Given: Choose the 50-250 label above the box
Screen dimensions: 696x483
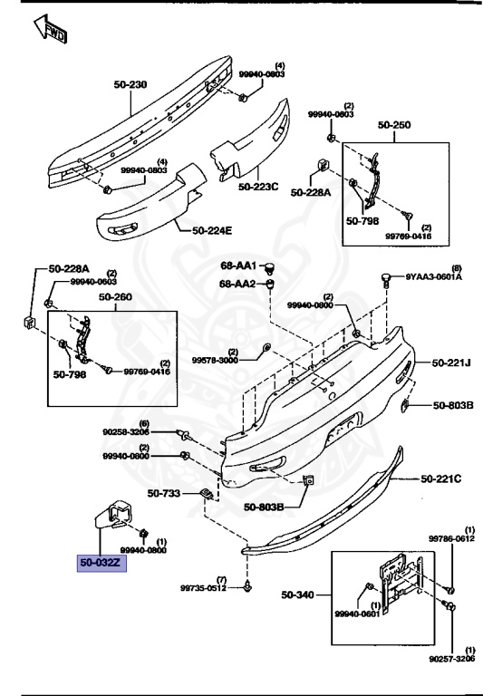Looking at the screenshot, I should click(x=395, y=126).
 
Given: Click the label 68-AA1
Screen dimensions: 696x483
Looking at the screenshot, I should click(x=238, y=266).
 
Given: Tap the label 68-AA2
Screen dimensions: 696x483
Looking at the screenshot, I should click(x=238, y=284).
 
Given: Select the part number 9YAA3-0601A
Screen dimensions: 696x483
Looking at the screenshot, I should click(x=433, y=277).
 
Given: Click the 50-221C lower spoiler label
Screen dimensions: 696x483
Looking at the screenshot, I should click(x=440, y=478).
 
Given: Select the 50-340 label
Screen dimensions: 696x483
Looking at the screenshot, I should click(x=299, y=595).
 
